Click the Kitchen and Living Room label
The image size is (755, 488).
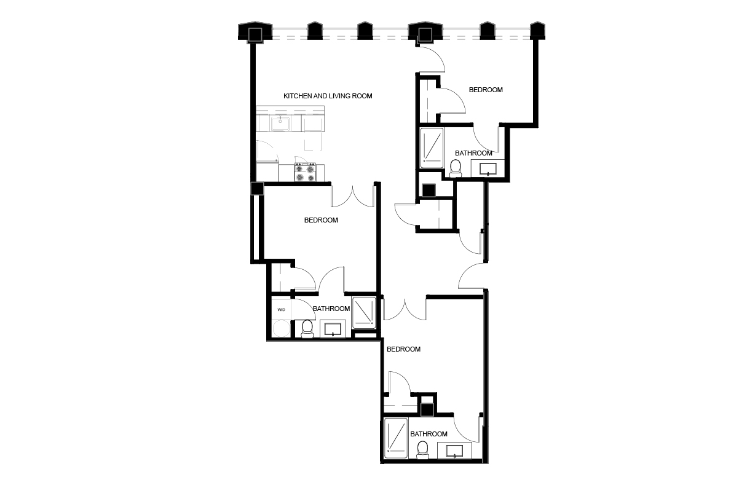click(x=328, y=96)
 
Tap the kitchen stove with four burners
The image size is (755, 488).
click(x=305, y=172)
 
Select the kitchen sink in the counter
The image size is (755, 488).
click(x=280, y=124)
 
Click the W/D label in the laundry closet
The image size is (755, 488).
click(x=281, y=309)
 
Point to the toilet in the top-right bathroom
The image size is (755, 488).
click(x=456, y=168)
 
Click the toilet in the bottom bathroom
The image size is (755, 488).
click(x=422, y=451)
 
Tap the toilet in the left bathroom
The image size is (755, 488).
click(x=307, y=329)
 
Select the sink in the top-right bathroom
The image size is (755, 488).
click(x=488, y=168)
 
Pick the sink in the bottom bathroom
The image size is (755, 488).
click(x=454, y=451)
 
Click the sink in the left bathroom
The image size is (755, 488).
click(x=333, y=329)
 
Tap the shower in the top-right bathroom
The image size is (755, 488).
click(x=432, y=148)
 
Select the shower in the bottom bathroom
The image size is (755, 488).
click(x=396, y=438)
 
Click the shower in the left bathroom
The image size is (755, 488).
click(x=364, y=313)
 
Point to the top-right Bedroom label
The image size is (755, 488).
click(x=486, y=90)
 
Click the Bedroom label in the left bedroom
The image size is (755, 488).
click(x=321, y=221)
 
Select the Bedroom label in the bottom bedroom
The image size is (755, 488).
click(x=403, y=350)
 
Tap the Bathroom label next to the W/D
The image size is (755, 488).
click(x=331, y=309)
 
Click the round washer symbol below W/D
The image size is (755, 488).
click(x=281, y=329)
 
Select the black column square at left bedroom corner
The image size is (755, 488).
click(x=257, y=189)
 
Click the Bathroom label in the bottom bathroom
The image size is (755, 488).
click(x=429, y=434)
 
